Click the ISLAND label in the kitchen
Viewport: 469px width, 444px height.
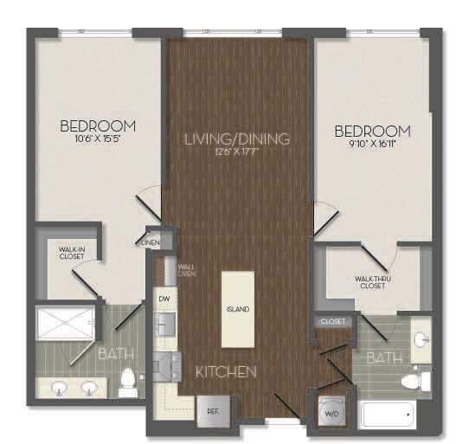239,309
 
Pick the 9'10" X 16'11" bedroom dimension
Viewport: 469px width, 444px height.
372,145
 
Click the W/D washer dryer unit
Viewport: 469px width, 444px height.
331,411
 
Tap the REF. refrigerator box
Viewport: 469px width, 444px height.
210,410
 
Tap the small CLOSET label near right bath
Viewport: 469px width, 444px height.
333,321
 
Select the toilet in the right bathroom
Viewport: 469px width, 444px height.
419,379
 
